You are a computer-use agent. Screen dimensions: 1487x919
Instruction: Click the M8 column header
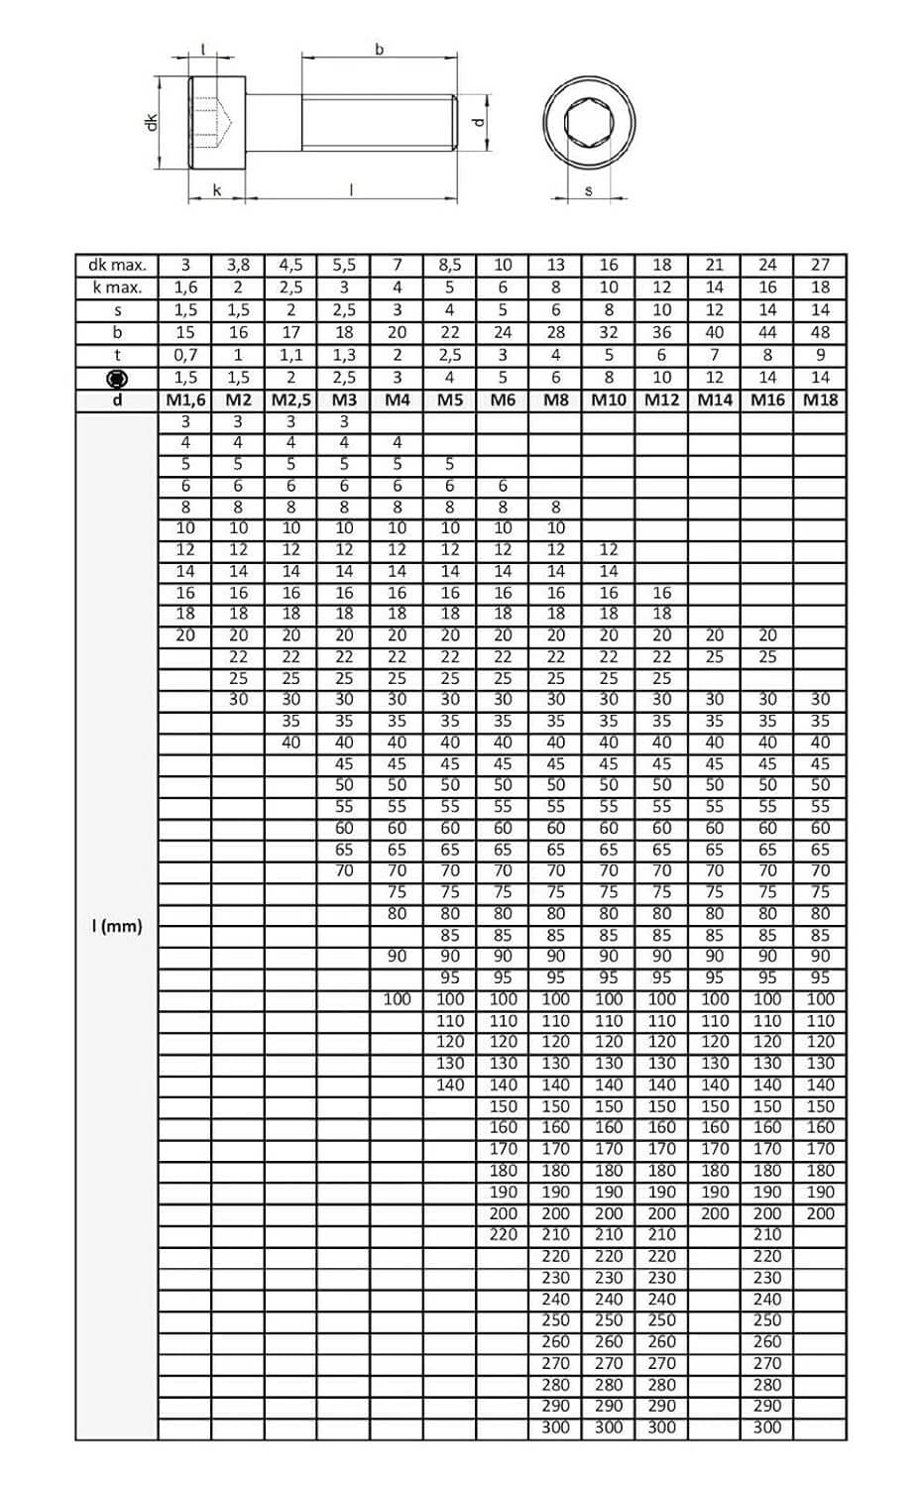[x=555, y=400]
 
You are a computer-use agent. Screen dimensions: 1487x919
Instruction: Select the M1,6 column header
[x=184, y=400]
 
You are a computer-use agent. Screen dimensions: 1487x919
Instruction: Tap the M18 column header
[x=820, y=400]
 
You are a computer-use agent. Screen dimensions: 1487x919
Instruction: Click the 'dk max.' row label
[x=117, y=265]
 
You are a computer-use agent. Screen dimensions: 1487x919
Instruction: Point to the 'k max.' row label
[x=117, y=287]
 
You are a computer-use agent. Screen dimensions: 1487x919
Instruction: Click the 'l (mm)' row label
[x=117, y=927]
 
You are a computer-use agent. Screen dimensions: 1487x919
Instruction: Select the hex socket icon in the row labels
[x=117, y=378]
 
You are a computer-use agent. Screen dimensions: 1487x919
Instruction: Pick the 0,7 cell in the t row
[x=184, y=355]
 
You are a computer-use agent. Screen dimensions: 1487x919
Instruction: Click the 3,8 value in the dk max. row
[x=238, y=265]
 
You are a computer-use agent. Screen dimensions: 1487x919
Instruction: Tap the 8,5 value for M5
[x=449, y=265]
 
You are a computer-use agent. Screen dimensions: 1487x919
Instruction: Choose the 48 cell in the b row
[x=820, y=332]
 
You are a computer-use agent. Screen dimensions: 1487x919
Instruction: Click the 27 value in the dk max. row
[x=820, y=265]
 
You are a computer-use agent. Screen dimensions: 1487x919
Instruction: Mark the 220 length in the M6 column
[x=503, y=1234]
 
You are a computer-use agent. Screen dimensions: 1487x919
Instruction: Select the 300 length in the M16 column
[x=767, y=1428]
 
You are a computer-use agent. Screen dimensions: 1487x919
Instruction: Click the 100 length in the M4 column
[x=397, y=999]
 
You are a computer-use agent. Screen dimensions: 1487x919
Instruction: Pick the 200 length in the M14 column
[x=714, y=1213]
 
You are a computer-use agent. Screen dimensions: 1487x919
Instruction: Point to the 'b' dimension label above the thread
[x=379, y=50]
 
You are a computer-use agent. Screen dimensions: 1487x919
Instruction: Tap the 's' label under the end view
[x=588, y=190]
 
